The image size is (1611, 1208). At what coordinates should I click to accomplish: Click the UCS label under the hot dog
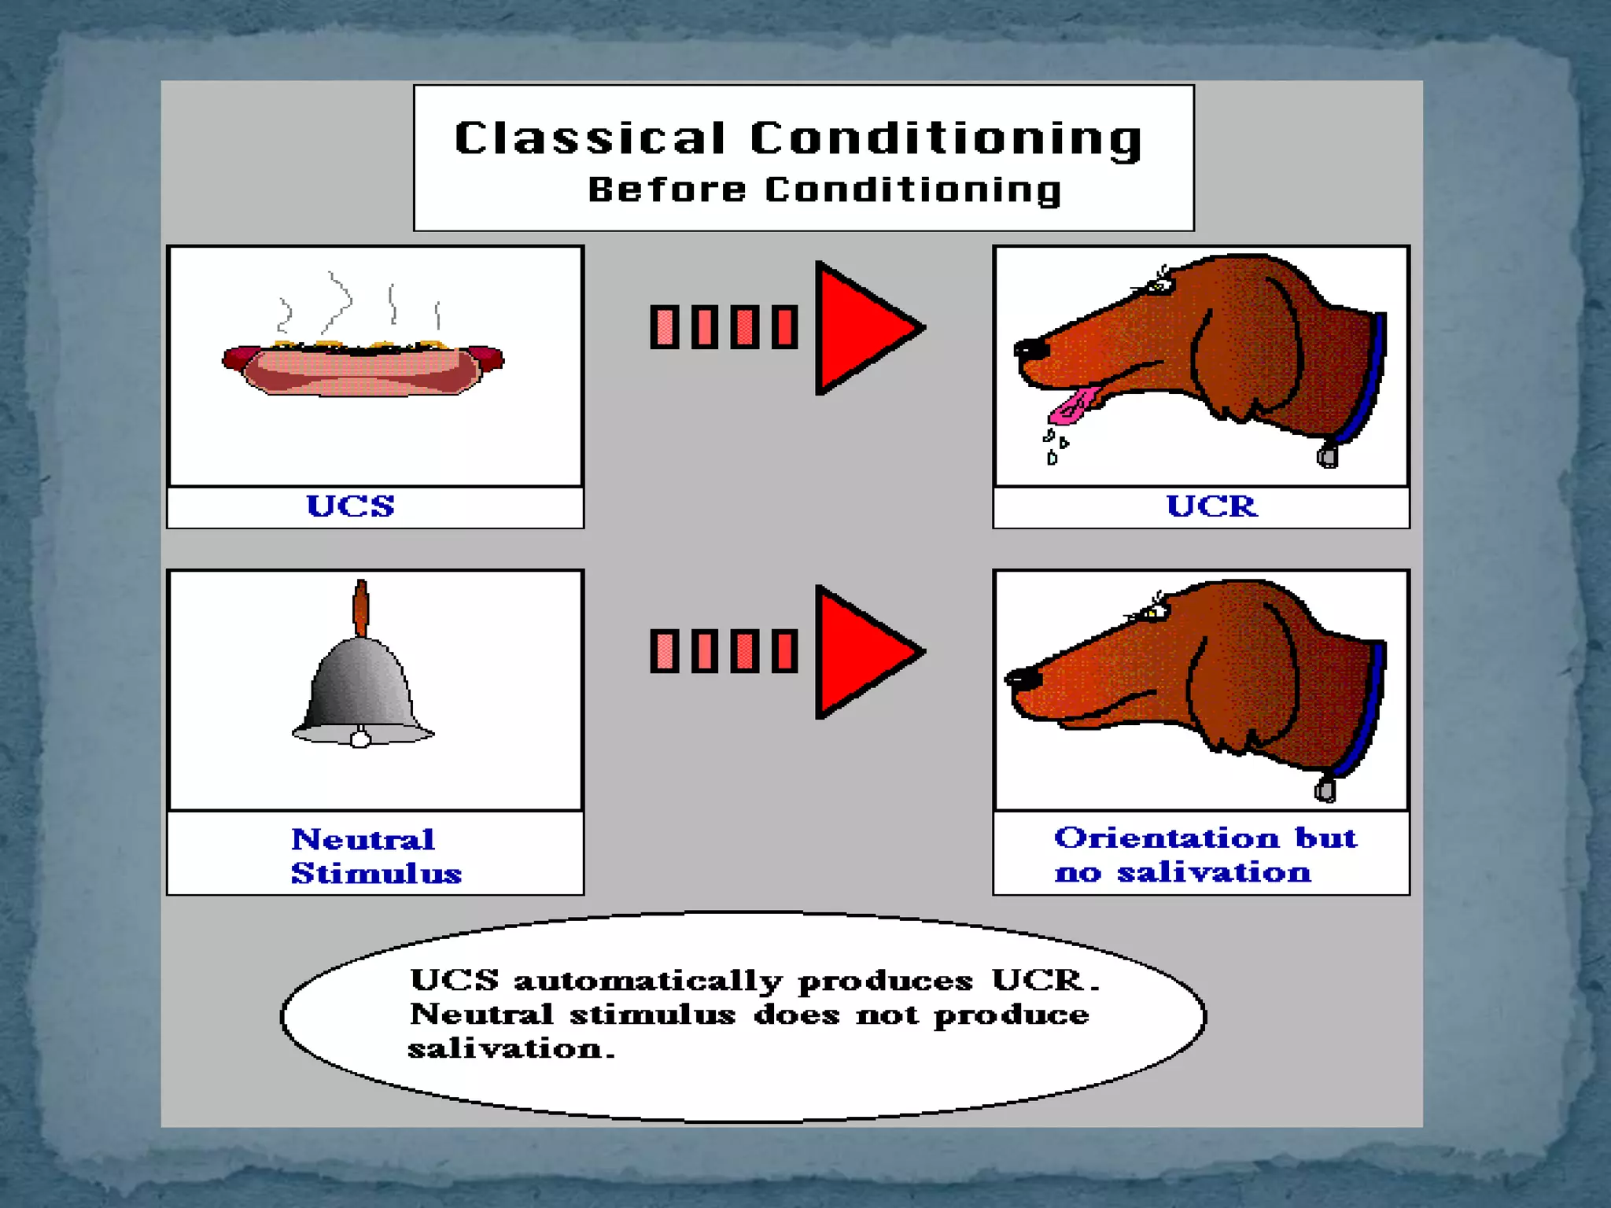point(350,506)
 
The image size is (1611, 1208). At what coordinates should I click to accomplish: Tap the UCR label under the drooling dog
point(1211,506)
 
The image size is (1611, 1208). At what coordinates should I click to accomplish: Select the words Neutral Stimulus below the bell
point(375,856)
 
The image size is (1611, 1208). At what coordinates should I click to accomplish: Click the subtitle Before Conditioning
point(824,190)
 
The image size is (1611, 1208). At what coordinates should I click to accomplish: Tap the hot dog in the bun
point(363,370)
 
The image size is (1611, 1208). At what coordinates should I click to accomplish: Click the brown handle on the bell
point(361,607)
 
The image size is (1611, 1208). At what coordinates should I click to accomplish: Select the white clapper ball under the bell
point(360,739)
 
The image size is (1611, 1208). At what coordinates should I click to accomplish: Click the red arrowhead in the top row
point(861,328)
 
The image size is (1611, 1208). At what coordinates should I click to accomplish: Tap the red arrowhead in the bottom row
point(861,652)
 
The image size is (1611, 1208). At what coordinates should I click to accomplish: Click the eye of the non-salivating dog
point(1153,612)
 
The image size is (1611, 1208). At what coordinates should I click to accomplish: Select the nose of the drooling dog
point(1027,348)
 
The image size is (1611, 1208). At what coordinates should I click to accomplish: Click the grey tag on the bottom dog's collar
point(1325,789)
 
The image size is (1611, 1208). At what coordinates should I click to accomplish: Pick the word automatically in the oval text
point(647,981)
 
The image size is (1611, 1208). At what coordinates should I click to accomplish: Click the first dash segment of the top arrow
point(665,326)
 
